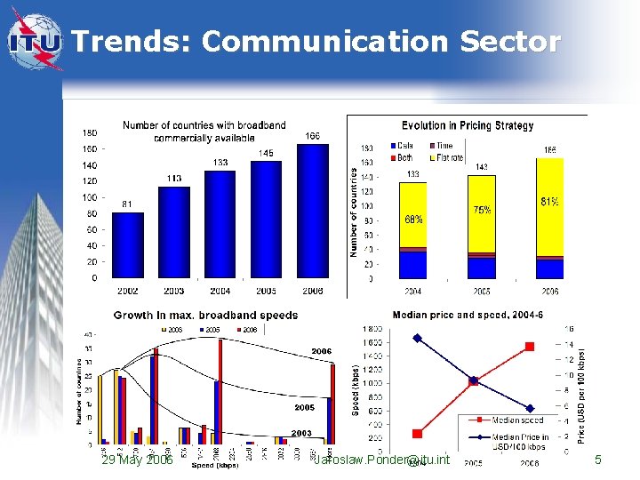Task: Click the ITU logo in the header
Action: point(36,40)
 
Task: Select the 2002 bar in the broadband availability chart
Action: point(128,244)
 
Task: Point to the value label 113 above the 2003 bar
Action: point(173,179)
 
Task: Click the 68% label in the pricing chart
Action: point(413,219)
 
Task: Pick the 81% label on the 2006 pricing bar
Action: point(549,202)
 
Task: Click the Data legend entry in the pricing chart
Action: point(404,146)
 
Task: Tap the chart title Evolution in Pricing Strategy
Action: point(467,126)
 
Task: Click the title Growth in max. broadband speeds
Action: point(205,315)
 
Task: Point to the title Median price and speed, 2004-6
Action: point(468,314)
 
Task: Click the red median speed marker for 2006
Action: point(530,346)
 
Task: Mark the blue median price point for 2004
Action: point(417,338)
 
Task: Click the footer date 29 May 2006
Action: point(137,460)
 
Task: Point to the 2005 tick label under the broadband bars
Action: point(266,291)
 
